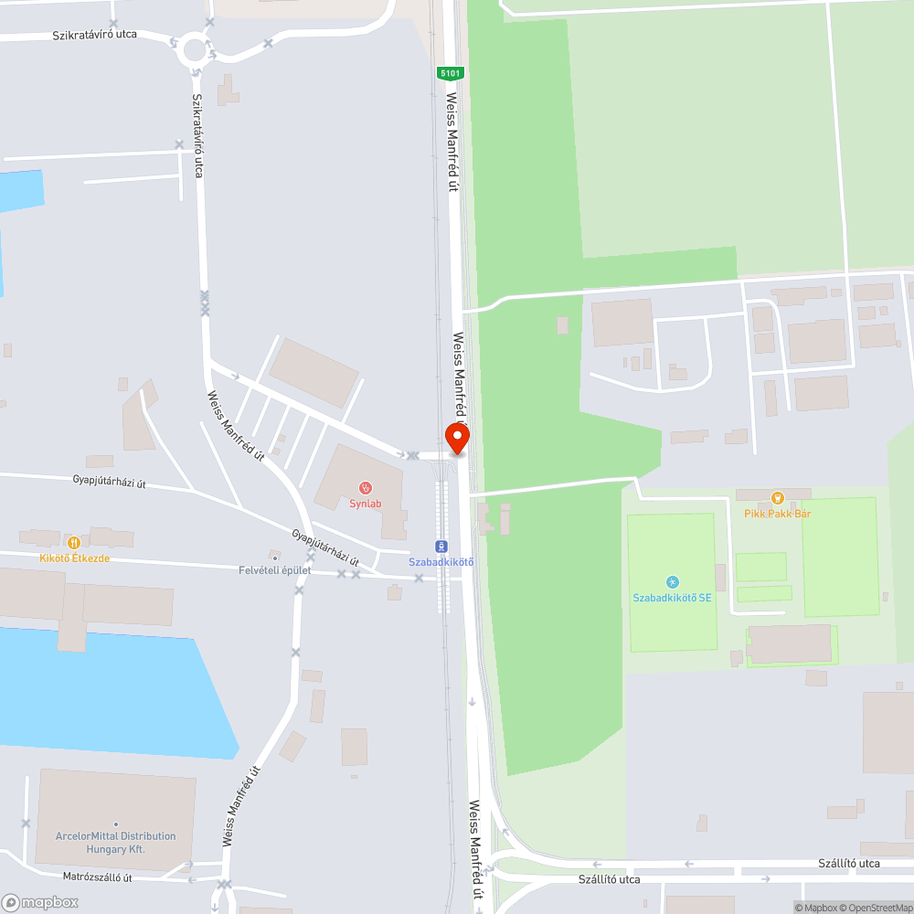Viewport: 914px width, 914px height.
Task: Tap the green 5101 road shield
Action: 450,73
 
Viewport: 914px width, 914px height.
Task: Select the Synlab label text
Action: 365,504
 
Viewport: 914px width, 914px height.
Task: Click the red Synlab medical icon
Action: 365,487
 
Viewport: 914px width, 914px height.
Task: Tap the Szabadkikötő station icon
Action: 441,546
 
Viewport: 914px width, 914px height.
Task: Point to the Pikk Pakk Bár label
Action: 777,514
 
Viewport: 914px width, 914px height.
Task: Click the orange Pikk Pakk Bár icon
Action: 777,497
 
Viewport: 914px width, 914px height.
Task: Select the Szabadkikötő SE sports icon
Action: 673,581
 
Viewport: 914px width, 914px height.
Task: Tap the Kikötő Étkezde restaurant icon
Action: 74,542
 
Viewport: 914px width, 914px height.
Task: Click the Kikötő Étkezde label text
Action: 74,558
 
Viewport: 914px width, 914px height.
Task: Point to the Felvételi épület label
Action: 274,570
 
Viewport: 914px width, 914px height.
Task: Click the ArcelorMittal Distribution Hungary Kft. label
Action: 115,843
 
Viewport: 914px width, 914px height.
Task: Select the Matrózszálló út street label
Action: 98,877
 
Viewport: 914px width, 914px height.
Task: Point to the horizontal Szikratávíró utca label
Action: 94,35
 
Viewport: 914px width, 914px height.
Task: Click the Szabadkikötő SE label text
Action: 672,598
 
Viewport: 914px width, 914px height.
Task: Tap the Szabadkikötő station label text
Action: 441,561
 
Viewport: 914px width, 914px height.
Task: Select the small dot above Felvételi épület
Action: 274,556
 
